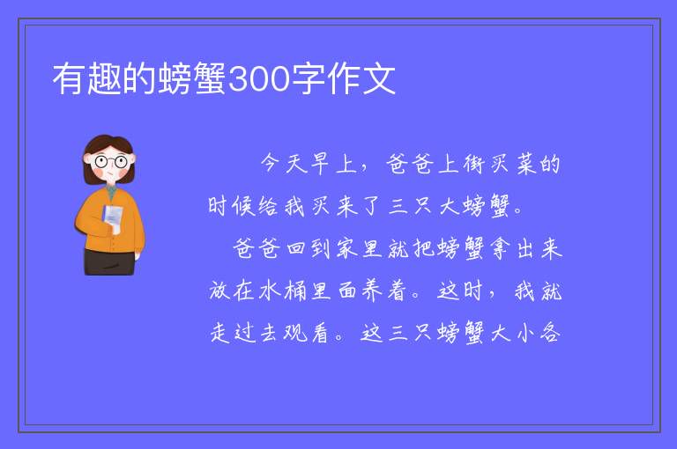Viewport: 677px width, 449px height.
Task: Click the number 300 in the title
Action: click(258, 78)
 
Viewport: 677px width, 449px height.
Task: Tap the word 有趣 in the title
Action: click(86, 78)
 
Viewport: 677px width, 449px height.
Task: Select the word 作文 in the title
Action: click(361, 78)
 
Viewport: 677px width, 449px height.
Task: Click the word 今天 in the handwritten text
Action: click(284, 164)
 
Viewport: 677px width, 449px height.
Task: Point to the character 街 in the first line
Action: click(474, 164)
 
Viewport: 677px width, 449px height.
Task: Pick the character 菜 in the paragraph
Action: click(526, 164)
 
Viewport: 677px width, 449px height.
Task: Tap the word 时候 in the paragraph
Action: click(231, 206)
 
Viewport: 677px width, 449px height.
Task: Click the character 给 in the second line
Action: click(268, 206)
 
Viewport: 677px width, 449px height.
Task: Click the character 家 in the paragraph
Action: click(346, 248)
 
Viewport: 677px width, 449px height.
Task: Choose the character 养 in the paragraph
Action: click(372, 291)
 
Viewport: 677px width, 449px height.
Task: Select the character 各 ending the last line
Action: click(550, 333)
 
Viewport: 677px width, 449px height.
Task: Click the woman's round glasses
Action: click(111, 162)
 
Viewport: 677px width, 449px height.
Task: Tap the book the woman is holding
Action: click(112, 218)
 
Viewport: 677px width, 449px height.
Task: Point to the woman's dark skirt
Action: click(109, 261)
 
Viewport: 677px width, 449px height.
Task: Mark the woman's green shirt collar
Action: click(111, 191)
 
